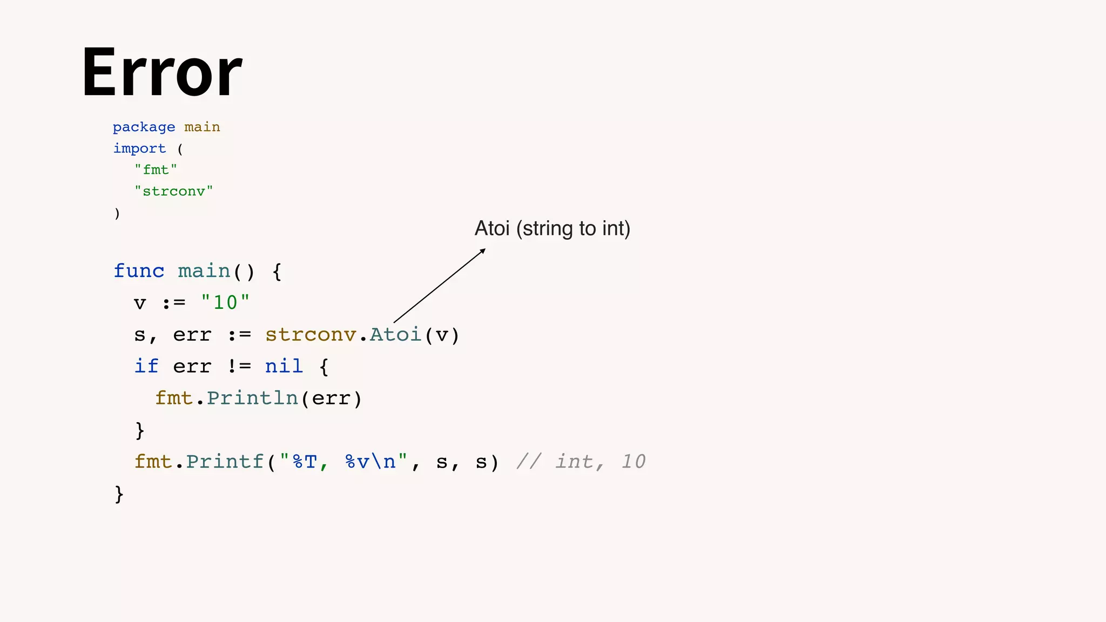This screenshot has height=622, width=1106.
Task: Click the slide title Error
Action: (x=162, y=73)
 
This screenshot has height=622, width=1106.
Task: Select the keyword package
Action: (x=144, y=127)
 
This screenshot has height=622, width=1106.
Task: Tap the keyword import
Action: (x=139, y=148)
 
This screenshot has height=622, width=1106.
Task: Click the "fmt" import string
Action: (x=156, y=170)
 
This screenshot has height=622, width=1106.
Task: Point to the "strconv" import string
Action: (x=173, y=191)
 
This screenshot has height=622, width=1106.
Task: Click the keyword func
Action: (x=139, y=271)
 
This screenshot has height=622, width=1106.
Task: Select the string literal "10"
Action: (x=225, y=302)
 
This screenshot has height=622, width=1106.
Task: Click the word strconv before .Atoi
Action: (x=311, y=335)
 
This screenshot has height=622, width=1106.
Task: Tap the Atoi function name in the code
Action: (x=395, y=335)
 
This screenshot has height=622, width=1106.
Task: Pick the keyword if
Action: (x=146, y=367)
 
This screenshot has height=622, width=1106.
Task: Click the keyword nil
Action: (x=284, y=367)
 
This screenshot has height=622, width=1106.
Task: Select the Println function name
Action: (x=252, y=398)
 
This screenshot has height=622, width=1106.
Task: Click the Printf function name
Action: (x=225, y=462)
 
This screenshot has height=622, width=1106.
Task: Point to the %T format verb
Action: (x=304, y=462)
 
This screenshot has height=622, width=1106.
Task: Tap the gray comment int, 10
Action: (x=581, y=462)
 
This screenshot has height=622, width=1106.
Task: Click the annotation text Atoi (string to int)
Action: (x=552, y=228)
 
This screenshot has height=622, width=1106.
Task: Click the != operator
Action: (x=239, y=367)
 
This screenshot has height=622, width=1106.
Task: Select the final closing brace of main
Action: (x=119, y=494)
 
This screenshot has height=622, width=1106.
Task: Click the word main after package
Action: (x=202, y=127)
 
